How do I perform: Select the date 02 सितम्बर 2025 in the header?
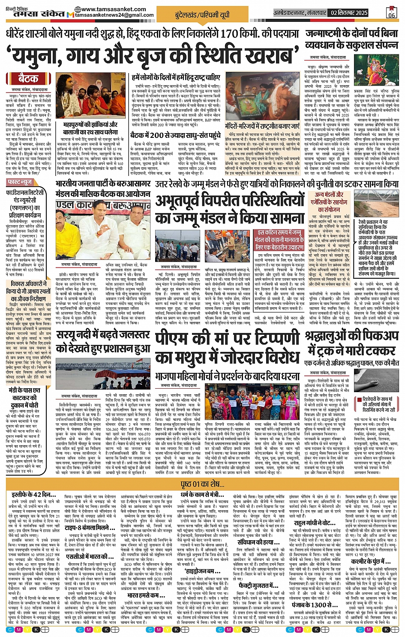point(349,13)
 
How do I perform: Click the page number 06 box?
point(391,12)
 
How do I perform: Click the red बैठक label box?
point(28,78)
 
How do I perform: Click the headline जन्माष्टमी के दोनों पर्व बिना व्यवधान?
point(351,39)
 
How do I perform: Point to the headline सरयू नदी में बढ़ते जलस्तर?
point(103,341)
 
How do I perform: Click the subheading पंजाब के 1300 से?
point(309,604)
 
